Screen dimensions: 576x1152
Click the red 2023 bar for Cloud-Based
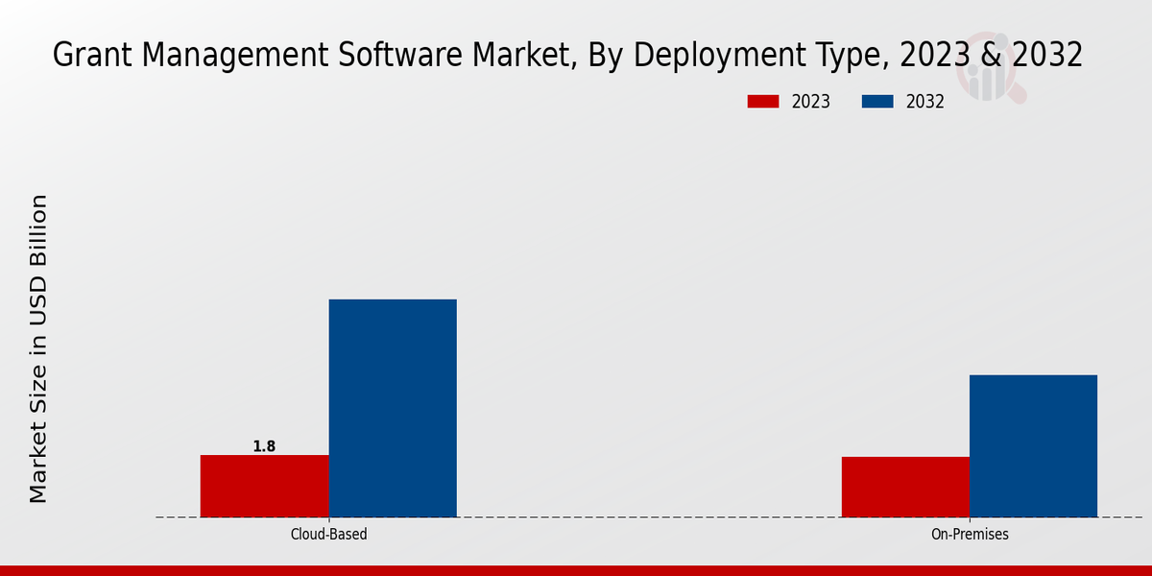pyautogui.click(x=264, y=486)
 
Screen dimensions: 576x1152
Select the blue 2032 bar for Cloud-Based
pyautogui.click(x=393, y=408)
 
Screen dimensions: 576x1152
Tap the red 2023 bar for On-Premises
pyautogui.click(x=905, y=487)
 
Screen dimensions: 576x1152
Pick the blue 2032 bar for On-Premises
pyautogui.click(x=1033, y=445)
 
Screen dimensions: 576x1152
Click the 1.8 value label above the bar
pyautogui.click(x=264, y=446)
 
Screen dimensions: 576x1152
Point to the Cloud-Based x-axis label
pyautogui.click(x=328, y=534)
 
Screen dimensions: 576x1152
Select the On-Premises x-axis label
pyautogui.click(x=970, y=534)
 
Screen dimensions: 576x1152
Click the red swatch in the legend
pyautogui.click(x=764, y=102)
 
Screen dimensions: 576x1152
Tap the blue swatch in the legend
pyautogui.click(x=878, y=102)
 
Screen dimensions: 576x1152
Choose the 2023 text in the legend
pyautogui.click(x=811, y=102)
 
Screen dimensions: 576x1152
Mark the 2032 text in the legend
pyautogui.click(x=925, y=102)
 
